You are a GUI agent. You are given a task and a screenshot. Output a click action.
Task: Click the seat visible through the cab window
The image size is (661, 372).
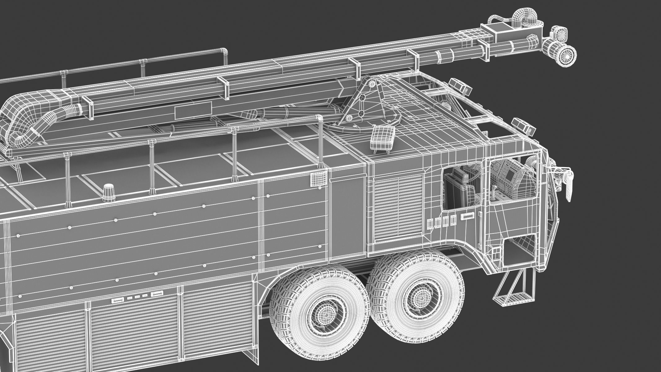point(460,186)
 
